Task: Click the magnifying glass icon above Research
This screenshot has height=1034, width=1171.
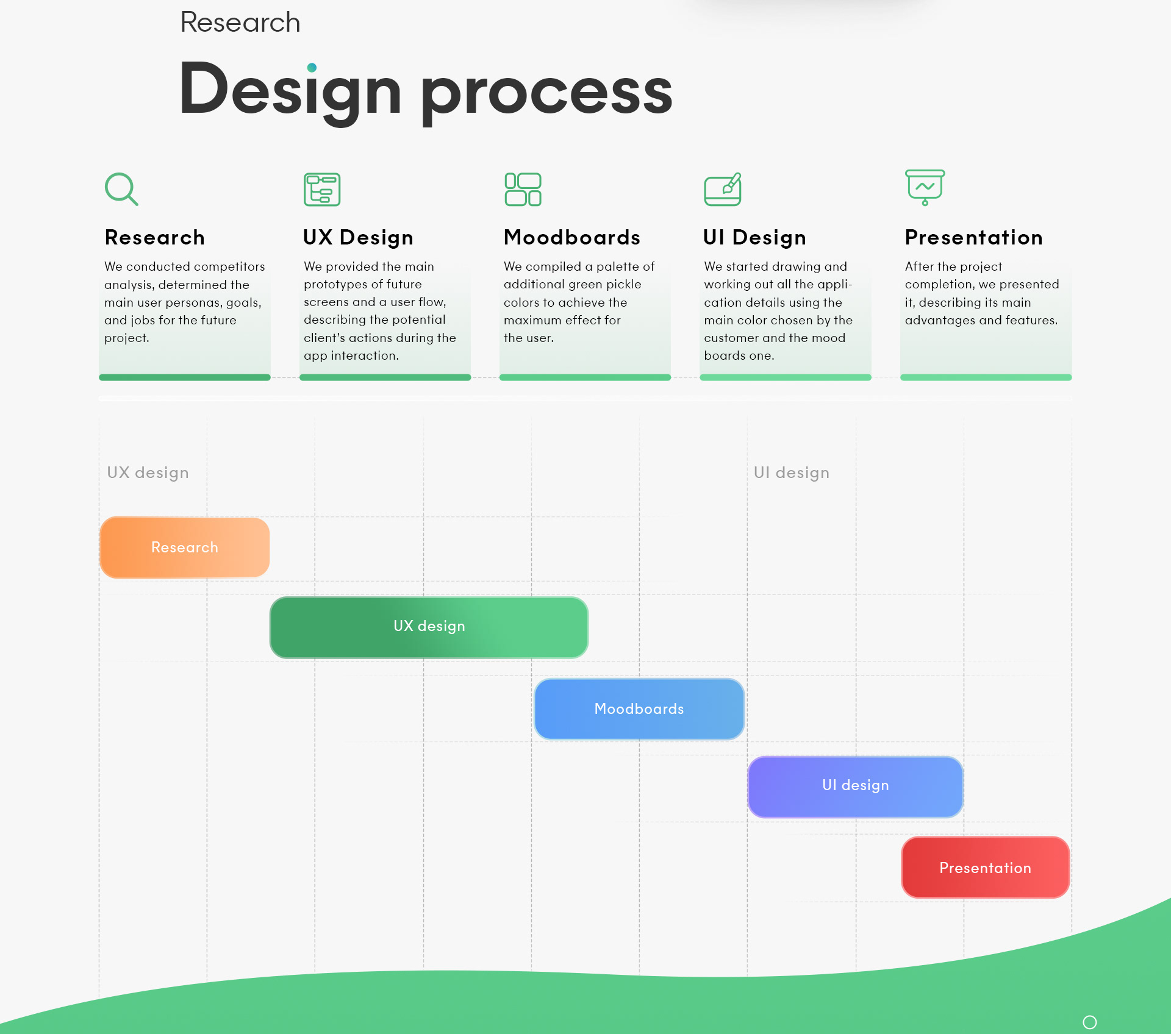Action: [x=121, y=189]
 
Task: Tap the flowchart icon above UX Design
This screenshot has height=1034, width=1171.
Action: [x=322, y=190]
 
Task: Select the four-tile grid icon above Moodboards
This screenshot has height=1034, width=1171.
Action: [x=523, y=190]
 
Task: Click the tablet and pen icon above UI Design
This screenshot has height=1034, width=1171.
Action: [x=723, y=190]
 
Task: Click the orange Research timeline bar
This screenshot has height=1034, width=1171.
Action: [x=185, y=547]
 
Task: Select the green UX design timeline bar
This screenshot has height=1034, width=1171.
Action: [x=429, y=627]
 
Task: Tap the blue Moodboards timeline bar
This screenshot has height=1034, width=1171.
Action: [x=639, y=709]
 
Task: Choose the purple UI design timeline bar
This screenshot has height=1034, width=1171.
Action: [x=855, y=786]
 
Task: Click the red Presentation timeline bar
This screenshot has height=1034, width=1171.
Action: [x=986, y=868]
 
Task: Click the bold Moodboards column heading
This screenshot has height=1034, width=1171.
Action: [x=572, y=237]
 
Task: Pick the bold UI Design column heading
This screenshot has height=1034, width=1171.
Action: [x=754, y=238]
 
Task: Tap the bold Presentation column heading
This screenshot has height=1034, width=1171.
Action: [x=974, y=237]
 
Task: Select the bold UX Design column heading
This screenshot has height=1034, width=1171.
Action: [x=358, y=238]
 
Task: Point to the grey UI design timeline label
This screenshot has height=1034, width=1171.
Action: [x=792, y=473]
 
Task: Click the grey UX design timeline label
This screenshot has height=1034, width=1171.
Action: [x=148, y=473]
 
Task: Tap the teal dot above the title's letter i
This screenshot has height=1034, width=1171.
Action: [x=312, y=68]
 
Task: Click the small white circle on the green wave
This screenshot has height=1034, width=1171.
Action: [x=1090, y=1022]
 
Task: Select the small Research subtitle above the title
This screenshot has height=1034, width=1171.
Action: [x=240, y=23]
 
